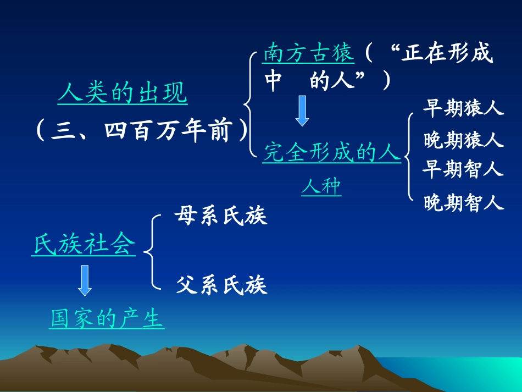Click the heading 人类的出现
click(123, 93)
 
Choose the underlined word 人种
click(321, 187)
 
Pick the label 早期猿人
click(463, 108)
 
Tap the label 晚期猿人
click(463, 140)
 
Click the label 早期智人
click(463, 169)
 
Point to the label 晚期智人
click(463, 203)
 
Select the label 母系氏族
click(220, 216)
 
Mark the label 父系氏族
click(221, 285)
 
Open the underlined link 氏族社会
click(84, 245)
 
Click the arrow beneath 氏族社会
click(85, 280)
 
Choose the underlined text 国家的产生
click(107, 318)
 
